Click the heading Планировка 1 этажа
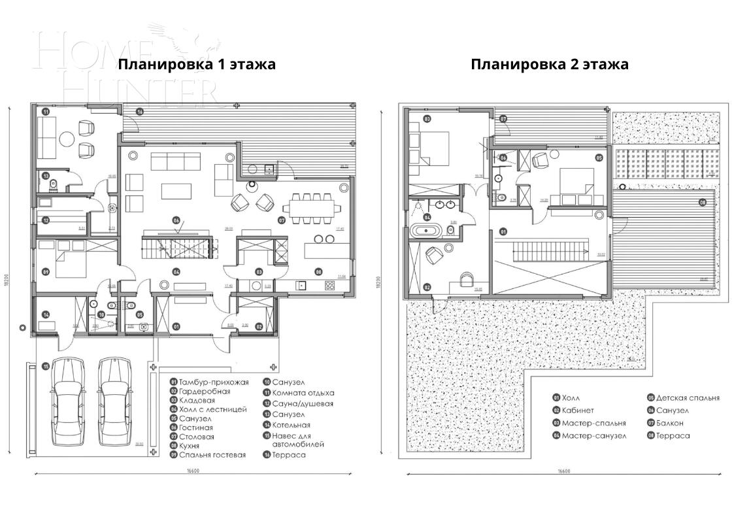[196, 65]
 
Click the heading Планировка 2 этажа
[549, 65]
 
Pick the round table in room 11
[67, 139]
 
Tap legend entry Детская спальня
[682, 397]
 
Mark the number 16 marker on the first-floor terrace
[139, 112]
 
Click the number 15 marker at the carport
[45, 367]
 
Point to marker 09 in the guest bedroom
[45, 272]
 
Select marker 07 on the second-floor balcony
[503, 119]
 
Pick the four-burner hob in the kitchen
[329, 285]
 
